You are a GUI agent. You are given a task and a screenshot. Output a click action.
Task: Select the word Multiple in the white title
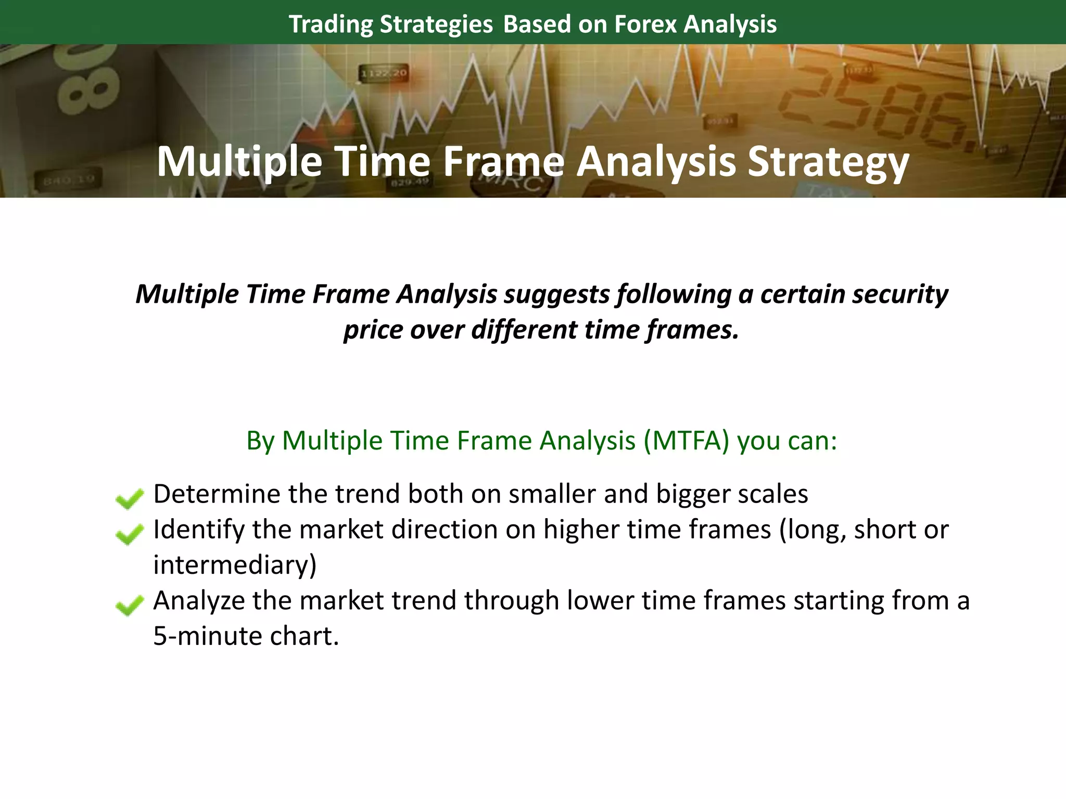coord(239,162)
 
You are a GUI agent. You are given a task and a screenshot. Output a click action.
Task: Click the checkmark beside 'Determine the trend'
coord(129,498)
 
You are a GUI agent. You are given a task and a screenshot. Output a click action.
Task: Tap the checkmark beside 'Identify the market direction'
coord(129,534)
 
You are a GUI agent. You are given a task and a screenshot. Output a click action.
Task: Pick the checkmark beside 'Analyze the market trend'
coord(129,605)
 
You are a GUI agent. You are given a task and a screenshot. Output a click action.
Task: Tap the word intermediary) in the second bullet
coord(235,565)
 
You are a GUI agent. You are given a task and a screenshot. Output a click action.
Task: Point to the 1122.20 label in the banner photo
coord(384,73)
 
